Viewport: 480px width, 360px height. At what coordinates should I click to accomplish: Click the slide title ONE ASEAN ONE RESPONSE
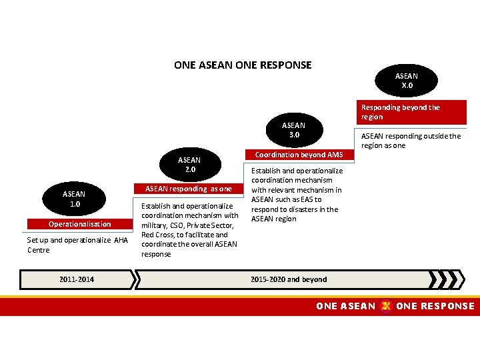(243, 65)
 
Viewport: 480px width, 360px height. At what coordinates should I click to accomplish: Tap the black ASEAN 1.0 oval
(73, 199)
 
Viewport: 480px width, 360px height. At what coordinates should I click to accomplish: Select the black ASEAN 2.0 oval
(189, 165)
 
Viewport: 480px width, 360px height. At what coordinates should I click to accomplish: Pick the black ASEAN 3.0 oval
(293, 129)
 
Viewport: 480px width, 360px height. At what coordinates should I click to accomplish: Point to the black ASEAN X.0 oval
(406, 81)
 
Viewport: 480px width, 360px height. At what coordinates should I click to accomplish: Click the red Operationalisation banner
(79, 224)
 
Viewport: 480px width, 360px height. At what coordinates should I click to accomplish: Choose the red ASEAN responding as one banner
(189, 189)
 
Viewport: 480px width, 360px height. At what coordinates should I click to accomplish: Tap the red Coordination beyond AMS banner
(299, 155)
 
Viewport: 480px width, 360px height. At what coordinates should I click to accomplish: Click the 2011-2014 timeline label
(76, 279)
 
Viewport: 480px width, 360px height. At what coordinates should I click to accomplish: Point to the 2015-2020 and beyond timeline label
(288, 279)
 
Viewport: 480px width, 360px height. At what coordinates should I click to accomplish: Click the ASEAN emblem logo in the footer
(385, 306)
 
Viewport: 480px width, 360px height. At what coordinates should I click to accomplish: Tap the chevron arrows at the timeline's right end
(447, 279)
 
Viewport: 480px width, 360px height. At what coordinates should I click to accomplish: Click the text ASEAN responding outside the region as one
(411, 141)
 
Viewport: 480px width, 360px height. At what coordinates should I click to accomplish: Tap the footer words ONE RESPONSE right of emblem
(435, 306)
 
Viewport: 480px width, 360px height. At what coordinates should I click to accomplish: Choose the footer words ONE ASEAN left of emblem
(345, 306)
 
